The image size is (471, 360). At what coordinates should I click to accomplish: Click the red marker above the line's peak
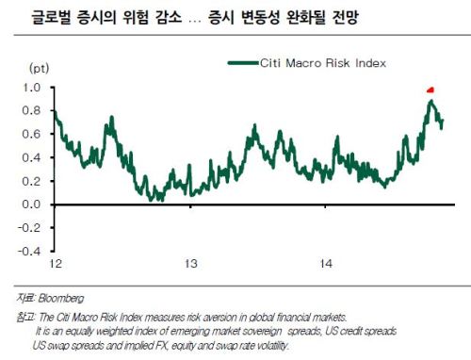click(430, 90)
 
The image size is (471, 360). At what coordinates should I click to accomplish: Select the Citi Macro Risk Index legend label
click(323, 63)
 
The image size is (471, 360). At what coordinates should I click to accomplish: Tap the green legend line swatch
click(243, 63)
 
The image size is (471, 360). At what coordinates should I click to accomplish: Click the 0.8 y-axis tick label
click(32, 110)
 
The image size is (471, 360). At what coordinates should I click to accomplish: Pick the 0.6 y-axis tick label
click(32, 134)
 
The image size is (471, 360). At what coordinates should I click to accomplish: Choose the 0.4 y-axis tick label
click(32, 157)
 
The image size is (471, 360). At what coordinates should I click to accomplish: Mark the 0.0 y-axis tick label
click(32, 205)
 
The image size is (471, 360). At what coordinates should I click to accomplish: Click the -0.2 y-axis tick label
click(29, 228)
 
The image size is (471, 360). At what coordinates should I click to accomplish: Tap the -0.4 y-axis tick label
click(29, 252)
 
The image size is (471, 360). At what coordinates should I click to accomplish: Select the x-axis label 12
click(56, 263)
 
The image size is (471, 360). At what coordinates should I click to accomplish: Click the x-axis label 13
click(190, 263)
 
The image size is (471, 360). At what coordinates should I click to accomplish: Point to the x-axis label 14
click(326, 263)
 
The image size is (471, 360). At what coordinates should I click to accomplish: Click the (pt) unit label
click(39, 68)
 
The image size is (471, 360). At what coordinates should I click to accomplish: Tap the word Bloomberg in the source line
click(61, 298)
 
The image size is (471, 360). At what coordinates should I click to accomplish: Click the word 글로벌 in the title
click(51, 17)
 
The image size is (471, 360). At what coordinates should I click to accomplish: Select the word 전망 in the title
click(345, 17)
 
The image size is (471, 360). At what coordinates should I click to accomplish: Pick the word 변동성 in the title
click(261, 17)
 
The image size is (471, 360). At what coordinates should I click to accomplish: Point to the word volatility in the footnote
click(271, 346)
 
